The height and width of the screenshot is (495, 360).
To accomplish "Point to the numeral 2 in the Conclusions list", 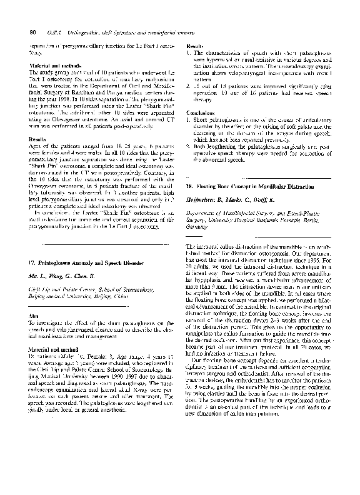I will [189, 147].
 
